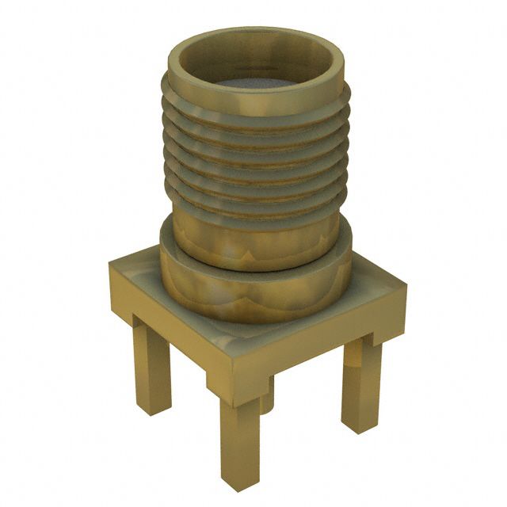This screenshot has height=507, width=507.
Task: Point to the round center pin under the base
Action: tap(268, 400)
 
